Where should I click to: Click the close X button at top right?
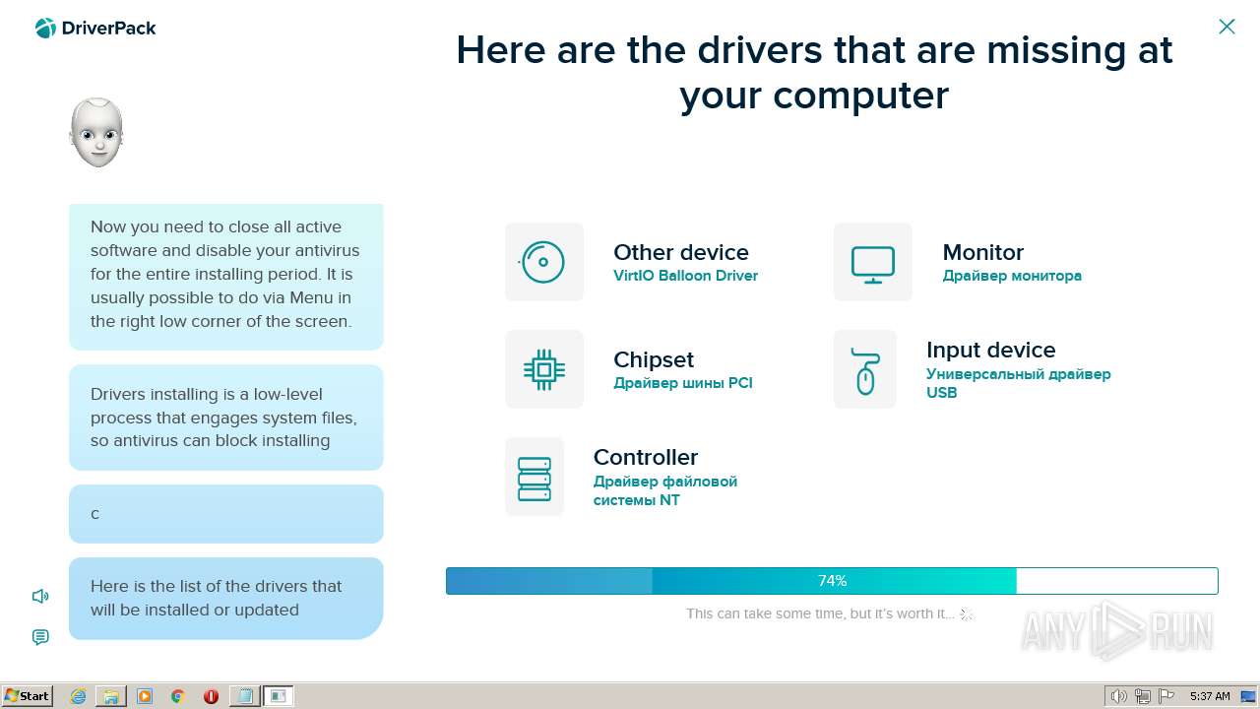(x=1227, y=27)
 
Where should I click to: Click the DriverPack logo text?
(x=108, y=29)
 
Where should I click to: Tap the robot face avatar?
(x=96, y=133)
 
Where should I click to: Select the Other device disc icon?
(x=543, y=262)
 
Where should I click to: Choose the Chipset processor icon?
(x=544, y=369)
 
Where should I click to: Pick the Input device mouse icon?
(x=865, y=371)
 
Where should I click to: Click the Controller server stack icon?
(x=534, y=479)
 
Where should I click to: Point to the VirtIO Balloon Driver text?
(x=685, y=276)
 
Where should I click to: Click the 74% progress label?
(x=832, y=581)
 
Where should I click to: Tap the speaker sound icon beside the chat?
(x=40, y=596)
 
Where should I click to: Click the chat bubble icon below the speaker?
(x=40, y=637)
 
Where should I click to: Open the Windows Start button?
(x=27, y=696)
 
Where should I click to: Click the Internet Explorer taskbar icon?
(x=78, y=696)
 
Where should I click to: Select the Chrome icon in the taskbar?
(x=178, y=696)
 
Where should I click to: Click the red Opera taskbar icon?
(x=211, y=696)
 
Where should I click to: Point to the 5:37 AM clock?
(x=1210, y=696)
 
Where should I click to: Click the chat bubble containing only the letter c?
(x=226, y=514)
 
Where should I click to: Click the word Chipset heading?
(x=653, y=359)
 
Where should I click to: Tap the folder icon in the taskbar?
(x=111, y=696)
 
